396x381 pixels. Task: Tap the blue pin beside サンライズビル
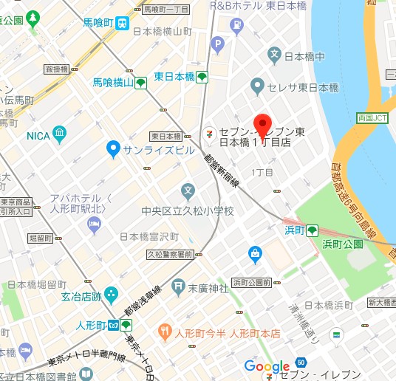113,150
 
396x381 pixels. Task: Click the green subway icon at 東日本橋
201,77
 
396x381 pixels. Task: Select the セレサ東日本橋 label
303,88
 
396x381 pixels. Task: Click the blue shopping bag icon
254,253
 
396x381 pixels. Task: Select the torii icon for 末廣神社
177,286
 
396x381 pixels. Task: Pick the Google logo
267,367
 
